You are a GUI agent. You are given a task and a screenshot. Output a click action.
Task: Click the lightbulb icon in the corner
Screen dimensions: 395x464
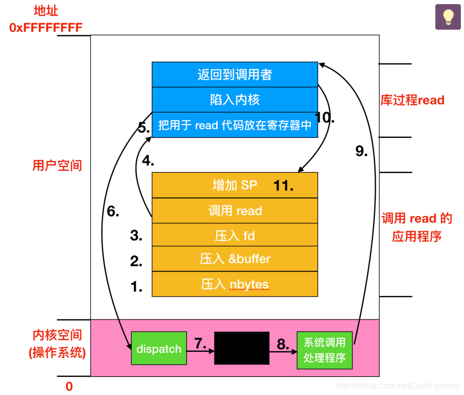(x=448, y=17)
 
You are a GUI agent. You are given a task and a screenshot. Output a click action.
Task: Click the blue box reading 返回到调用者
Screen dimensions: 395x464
(x=234, y=74)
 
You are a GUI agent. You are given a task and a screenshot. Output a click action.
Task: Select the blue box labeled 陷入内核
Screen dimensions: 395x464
(x=234, y=99)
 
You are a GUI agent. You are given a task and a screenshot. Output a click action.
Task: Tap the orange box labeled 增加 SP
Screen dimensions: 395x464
(x=234, y=185)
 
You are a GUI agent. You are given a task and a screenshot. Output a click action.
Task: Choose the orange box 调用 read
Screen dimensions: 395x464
(x=234, y=211)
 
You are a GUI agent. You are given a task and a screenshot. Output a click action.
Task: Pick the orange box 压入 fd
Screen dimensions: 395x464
(x=234, y=236)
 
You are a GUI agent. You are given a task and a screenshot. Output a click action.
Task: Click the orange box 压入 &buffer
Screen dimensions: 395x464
(x=234, y=259)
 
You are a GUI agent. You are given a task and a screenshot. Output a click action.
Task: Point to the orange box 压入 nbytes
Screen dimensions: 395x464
(x=234, y=284)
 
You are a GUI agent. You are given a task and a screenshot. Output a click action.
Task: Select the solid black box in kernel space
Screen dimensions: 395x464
(x=242, y=348)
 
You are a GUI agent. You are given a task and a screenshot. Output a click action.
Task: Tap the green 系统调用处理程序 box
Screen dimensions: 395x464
(x=324, y=350)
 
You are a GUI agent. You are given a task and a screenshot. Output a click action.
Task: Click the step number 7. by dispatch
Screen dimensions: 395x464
(x=200, y=343)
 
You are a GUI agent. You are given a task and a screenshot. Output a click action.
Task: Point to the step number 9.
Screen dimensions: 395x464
(x=361, y=151)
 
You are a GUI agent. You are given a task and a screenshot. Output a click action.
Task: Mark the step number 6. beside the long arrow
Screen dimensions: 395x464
(x=113, y=211)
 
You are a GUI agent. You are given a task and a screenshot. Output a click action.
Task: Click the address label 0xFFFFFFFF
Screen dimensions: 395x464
(x=46, y=28)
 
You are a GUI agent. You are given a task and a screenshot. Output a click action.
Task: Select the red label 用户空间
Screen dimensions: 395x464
(x=57, y=165)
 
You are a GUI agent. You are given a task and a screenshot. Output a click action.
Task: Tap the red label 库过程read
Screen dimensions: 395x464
(x=412, y=100)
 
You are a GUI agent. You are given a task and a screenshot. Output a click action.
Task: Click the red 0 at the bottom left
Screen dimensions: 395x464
(x=69, y=387)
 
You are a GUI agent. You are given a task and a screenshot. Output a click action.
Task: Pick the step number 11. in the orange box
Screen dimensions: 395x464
(x=283, y=185)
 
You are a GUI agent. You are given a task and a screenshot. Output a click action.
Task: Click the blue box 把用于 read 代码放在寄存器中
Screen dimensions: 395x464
(x=234, y=125)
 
